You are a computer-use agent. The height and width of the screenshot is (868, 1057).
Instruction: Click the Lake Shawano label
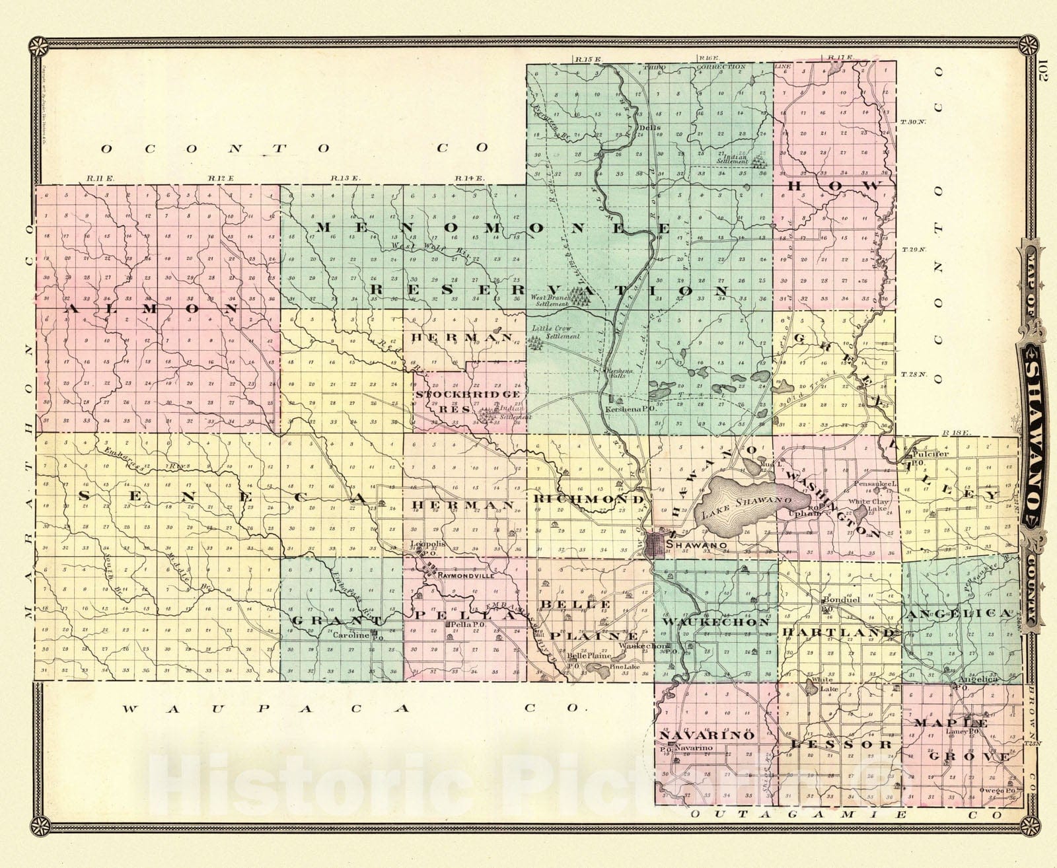tap(746, 507)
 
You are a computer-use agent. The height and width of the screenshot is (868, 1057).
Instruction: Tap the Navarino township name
tap(706, 735)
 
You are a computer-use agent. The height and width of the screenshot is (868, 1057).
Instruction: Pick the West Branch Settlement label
tap(549, 301)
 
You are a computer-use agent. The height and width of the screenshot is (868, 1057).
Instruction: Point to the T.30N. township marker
tap(913, 123)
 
